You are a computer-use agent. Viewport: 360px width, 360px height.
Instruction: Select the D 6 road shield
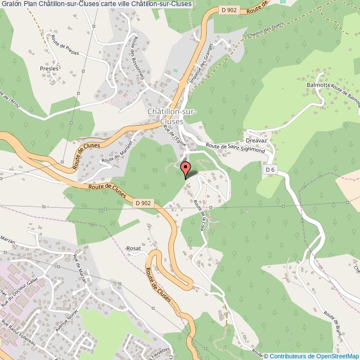[x=270, y=169]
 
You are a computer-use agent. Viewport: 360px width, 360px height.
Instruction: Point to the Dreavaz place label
[x=258, y=141]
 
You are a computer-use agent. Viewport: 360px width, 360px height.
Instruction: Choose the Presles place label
[x=49, y=68]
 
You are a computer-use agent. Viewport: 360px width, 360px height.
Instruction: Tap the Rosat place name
[x=134, y=248]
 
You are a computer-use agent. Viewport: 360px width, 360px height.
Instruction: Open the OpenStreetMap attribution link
[x=311, y=356]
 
